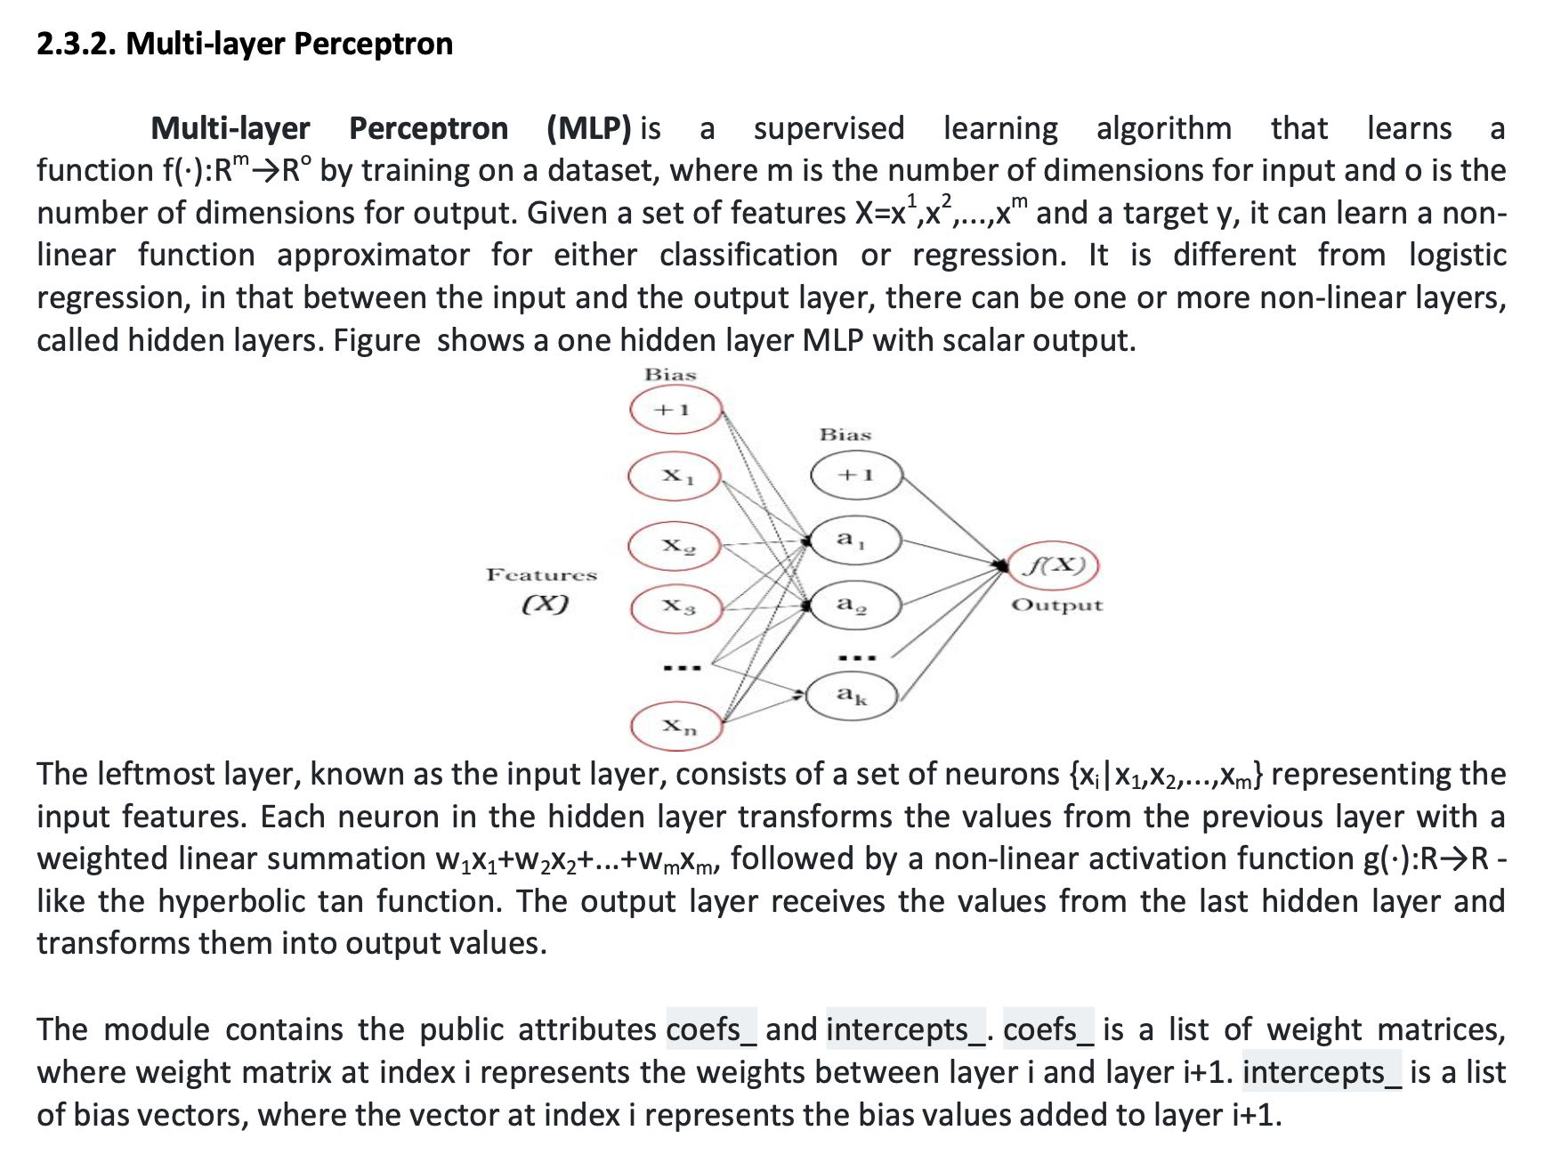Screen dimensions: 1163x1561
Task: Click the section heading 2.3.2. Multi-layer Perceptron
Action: click(245, 44)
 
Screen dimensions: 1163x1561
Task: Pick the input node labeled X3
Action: click(676, 608)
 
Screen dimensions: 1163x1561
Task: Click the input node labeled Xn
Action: click(676, 727)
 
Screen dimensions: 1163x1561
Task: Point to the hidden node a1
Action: click(855, 540)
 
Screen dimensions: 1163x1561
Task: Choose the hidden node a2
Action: click(855, 606)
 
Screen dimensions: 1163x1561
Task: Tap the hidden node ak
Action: click(852, 695)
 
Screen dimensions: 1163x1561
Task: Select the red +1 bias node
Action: click(675, 411)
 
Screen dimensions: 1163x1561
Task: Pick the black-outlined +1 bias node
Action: click(856, 476)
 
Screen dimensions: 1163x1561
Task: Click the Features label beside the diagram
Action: click(541, 575)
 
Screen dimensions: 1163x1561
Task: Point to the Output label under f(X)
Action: click(1056, 606)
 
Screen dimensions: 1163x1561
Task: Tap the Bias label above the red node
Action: click(670, 375)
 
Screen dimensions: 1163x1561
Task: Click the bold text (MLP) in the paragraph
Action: click(589, 129)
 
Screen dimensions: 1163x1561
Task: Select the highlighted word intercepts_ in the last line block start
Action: click(1322, 1073)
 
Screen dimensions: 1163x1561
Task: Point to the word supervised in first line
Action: click(829, 129)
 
